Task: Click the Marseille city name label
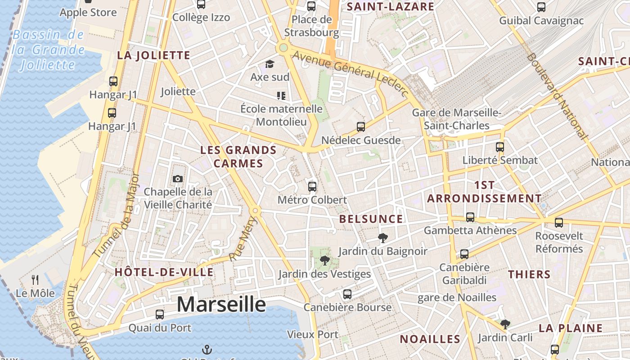221,305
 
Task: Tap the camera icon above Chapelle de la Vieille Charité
178,179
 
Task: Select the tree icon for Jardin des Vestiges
324,260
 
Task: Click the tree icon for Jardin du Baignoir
383,238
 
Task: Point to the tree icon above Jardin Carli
505,324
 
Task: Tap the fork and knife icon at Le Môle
35,280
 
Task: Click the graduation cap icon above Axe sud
270,64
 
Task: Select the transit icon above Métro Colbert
312,186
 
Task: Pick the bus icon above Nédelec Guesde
361,127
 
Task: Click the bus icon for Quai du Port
160,315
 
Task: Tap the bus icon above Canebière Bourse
347,294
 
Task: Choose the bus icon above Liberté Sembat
500,147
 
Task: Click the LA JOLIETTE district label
153,55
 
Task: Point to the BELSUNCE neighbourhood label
371,219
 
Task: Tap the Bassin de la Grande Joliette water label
49,49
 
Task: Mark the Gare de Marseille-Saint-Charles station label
456,119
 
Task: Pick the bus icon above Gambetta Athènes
470,217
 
